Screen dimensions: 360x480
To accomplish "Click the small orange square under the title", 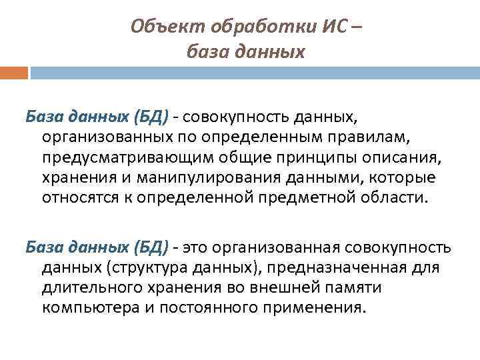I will (x=14, y=72).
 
